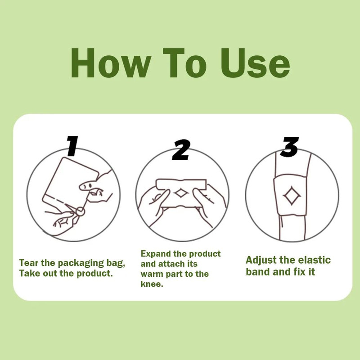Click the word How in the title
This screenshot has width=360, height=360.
tap(111, 63)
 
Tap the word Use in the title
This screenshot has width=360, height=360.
tap(255, 63)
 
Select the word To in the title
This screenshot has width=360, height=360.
tap(185, 63)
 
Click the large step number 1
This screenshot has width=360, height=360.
tap(72, 146)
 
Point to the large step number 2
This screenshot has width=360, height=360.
tap(181, 150)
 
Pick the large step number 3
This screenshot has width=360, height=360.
tap(290, 147)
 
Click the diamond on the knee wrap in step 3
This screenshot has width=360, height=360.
tap(292, 196)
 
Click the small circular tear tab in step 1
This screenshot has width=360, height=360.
tap(80, 211)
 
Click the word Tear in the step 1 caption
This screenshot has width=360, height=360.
tap(29, 263)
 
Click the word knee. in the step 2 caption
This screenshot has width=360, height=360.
tap(152, 284)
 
